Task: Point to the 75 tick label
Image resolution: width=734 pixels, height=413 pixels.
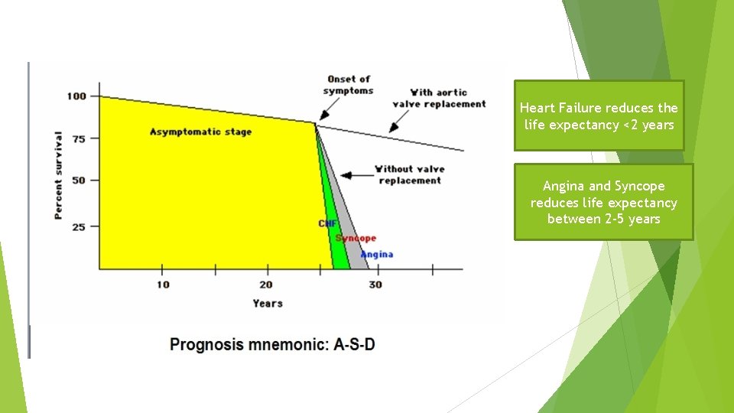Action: (78, 138)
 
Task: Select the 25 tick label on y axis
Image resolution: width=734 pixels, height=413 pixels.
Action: (78, 226)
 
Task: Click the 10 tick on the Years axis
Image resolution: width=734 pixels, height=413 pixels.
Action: (162, 285)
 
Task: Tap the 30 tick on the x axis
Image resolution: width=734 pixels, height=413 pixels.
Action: (375, 285)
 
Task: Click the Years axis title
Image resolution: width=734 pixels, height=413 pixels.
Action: (268, 304)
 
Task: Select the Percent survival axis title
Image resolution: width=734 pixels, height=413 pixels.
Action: (59, 175)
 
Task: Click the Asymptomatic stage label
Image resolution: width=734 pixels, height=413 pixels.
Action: (200, 132)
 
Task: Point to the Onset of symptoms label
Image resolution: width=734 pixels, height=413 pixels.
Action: (348, 85)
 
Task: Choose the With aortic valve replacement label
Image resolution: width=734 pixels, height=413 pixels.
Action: (439, 98)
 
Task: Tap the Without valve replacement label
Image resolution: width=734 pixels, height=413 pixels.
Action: (409, 174)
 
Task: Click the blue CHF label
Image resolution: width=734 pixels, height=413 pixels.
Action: (327, 223)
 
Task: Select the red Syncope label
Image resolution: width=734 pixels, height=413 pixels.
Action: (356, 239)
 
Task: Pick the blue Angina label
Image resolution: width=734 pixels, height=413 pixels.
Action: (377, 254)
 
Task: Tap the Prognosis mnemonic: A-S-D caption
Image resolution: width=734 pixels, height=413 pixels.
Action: (272, 344)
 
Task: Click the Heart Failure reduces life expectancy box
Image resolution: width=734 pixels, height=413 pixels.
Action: (599, 116)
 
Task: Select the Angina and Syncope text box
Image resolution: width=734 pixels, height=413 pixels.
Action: (603, 202)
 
